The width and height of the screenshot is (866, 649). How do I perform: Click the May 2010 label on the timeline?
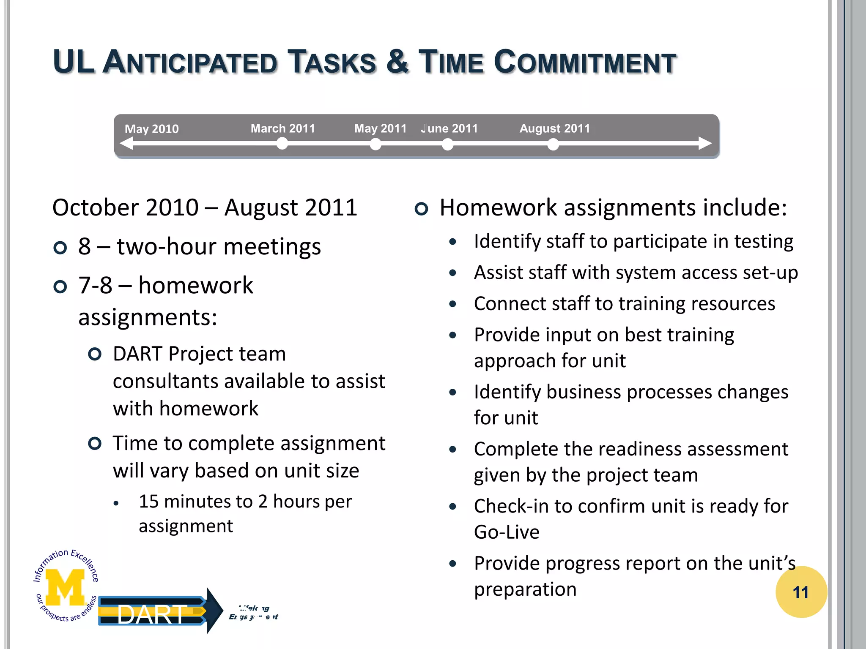(x=151, y=129)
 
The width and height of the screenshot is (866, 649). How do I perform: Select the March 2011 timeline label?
(x=282, y=128)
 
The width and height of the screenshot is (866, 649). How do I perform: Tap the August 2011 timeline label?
(x=554, y=128)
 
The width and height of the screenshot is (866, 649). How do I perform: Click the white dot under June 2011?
(x=447, y=145)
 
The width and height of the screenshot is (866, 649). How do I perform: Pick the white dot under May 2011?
(x=375, y=145)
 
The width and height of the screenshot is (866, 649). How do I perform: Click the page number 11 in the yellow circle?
(x=800, y=592)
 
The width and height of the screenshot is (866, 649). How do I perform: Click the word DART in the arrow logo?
(x=151, y=614)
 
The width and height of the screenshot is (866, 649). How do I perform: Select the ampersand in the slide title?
(x=397, y=62)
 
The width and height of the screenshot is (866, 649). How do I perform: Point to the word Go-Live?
(x=506, y=532)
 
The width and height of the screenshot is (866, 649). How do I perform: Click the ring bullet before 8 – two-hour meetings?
(x=60, y=248)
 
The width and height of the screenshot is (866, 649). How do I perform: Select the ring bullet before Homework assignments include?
(x=421, y=209)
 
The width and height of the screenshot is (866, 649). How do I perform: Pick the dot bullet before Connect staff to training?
(x=453, y=304)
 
